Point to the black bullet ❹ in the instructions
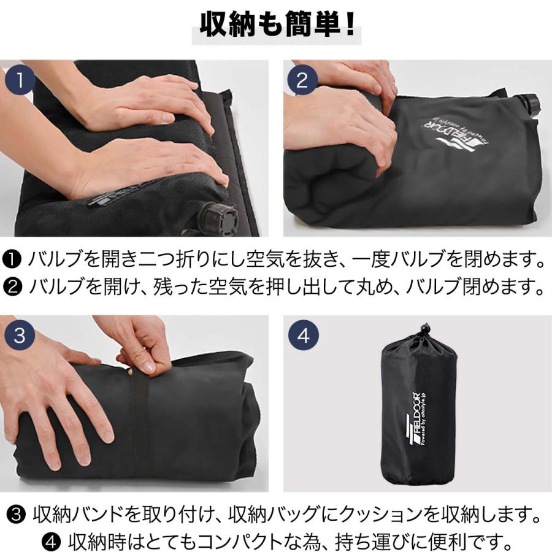[52, 539]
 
